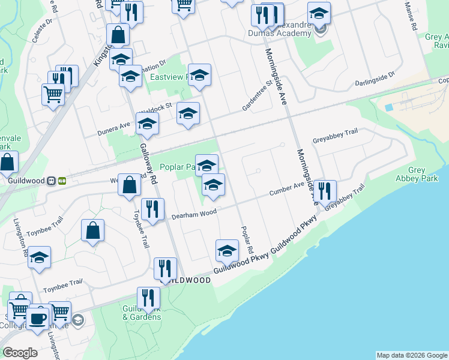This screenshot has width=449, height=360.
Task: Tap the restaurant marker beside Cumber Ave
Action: (325, 191)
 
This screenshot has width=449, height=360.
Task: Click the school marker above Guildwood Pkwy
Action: (227, 251)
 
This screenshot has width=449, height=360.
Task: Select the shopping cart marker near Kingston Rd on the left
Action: (53, 94)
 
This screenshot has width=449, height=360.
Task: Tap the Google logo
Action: (20, 353)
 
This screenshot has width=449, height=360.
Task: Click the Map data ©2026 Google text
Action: (412, 355)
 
